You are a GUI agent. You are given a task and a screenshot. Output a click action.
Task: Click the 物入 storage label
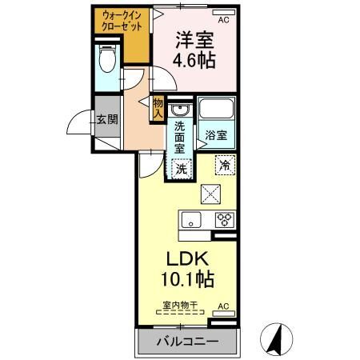(x=158, y=107)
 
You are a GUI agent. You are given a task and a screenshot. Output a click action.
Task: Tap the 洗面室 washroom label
(x=181, y=137)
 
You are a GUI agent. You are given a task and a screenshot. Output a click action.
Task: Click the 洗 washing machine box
(x=182, y=169)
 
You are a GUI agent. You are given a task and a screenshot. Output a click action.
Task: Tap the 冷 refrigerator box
(x=225, y=165)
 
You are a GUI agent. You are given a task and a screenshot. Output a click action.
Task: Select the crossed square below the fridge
(x=210, y=193)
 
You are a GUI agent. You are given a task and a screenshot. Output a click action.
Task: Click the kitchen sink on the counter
(x=191, y=221)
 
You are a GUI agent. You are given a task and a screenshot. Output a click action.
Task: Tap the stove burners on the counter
(x=223, y=221)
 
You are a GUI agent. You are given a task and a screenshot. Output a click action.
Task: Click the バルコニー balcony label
(x=186, y=342)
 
